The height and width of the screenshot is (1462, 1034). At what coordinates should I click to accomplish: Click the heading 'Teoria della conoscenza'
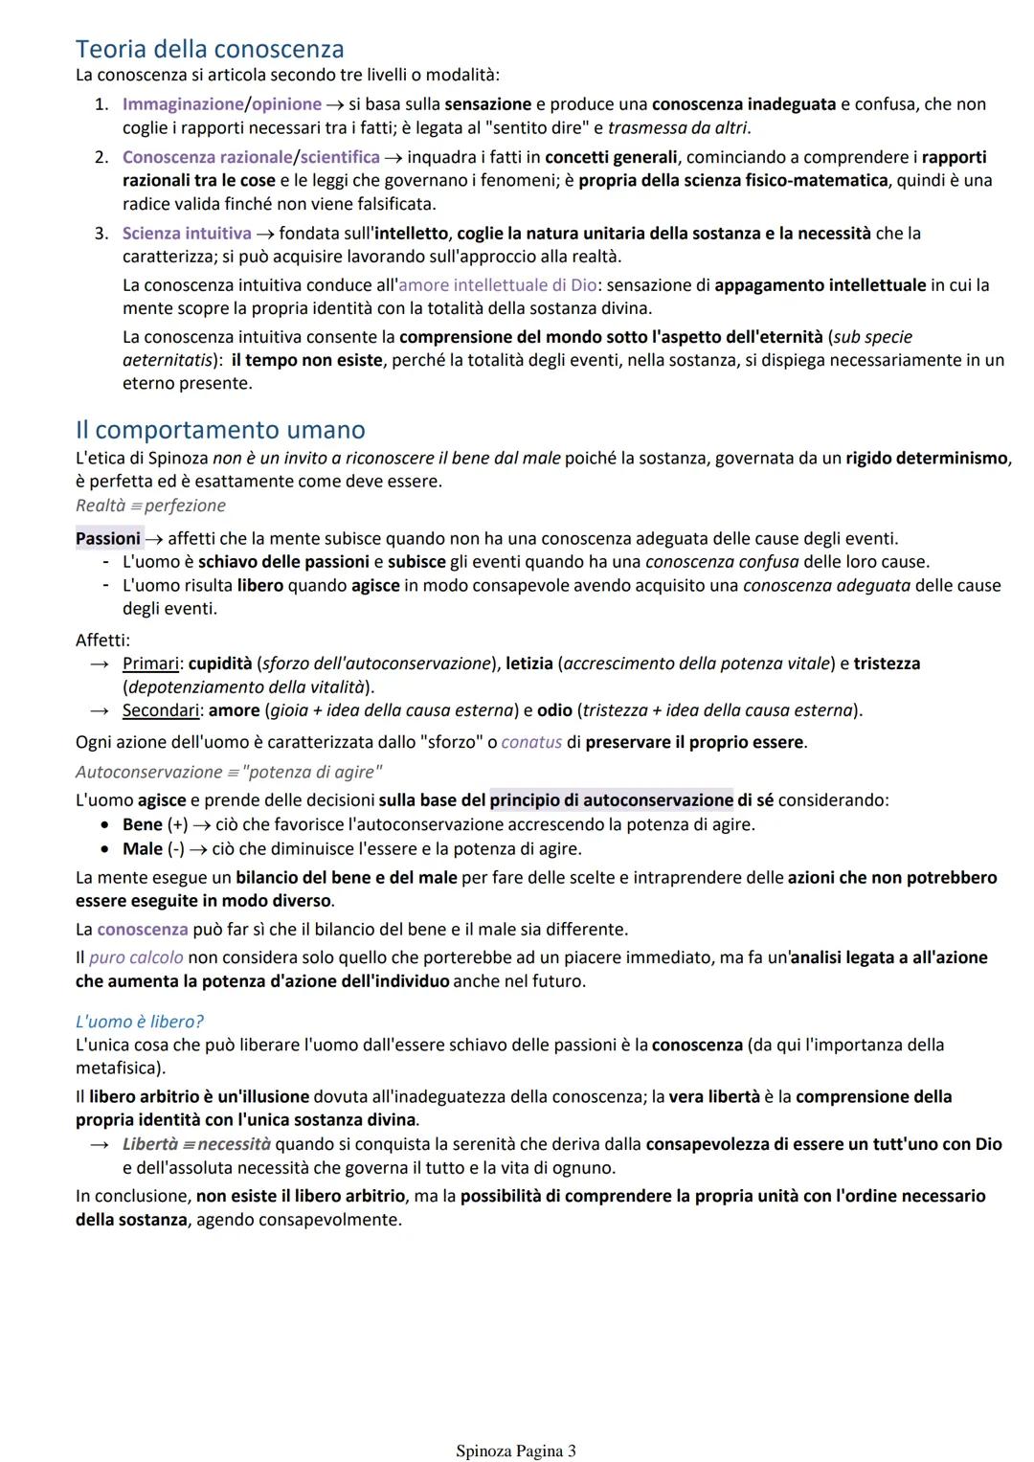[x=210, y=49]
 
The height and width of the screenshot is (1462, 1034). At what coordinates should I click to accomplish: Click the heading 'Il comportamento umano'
[x=220, y=430]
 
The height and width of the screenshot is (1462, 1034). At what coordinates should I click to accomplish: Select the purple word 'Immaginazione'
[x=183, y=104]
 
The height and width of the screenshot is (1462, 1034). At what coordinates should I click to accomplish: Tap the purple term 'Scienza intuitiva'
[x=187, y=234]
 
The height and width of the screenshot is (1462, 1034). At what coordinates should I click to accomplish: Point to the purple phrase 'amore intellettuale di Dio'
[x=497, y=285]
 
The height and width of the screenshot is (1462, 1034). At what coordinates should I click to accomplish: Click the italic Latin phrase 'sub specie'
[x=872, y=337]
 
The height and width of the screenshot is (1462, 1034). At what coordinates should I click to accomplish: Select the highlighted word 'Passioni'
[x=108, y=539]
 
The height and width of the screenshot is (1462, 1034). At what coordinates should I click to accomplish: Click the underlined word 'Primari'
[x=150, y=664]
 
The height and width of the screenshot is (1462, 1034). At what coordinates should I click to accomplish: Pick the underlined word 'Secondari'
[x=162, y=710]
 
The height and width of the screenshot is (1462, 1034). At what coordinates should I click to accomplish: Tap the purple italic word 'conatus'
[x=531, y=742]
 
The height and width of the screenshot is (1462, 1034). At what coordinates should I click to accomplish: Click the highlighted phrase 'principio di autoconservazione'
[x=611, y=800]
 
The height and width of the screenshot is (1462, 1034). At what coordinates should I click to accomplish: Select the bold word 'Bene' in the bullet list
[x=143, y=824]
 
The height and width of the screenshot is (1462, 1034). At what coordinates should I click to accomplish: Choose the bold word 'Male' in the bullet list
[x=143, y=849]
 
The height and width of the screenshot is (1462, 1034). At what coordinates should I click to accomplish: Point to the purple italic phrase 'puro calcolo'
[x=136, y=957]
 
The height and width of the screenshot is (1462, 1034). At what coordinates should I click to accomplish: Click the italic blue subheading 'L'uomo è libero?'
[x=140, y=1022]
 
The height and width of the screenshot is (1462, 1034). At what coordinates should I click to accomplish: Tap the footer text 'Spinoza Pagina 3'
[x=516, y=1451]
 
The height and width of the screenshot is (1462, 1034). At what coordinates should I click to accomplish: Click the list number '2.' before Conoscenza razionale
[x=101, y=157]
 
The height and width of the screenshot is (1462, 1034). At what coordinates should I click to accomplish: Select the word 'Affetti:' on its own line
[x=102, y=640]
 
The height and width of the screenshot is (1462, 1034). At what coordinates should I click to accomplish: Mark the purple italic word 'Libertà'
[x=150, y=1144]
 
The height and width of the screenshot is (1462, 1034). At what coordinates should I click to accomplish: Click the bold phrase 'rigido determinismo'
[x=927, y=458]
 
